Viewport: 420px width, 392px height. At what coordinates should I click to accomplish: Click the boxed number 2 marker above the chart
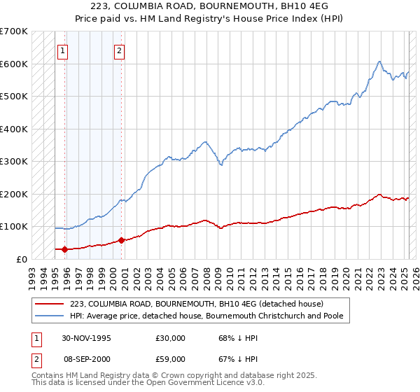120,50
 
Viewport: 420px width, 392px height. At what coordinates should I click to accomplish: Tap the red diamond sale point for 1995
65,249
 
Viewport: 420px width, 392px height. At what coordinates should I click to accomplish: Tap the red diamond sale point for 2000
121,240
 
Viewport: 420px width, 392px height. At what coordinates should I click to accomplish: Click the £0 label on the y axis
22,259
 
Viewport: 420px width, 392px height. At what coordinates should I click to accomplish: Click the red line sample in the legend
50,304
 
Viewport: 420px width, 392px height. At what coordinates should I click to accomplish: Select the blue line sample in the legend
50,316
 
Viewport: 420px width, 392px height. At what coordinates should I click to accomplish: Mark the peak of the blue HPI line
379,62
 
